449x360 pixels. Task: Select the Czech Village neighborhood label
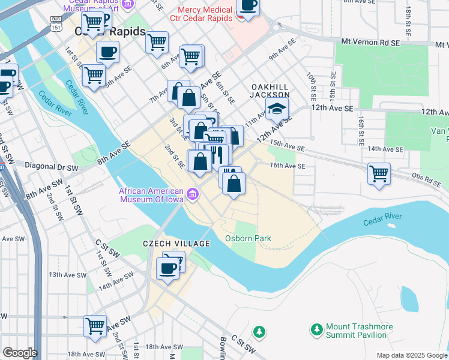click(x=176, y=244)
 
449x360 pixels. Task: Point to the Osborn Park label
click(x=248, y=238)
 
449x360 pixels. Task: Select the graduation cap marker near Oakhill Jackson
click(x=277, y=109)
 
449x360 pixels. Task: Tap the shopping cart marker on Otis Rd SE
click(x=379, y=174)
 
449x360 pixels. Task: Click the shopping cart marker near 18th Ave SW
click(x=95, y=326)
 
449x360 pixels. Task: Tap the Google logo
click(x=19, y=353)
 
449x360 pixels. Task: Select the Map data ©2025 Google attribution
click(x=411, y=355)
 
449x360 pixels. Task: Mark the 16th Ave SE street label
click(x=288, y=166)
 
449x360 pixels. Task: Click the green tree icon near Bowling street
click(x=259, y=331)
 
